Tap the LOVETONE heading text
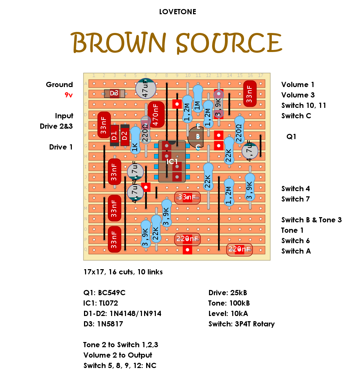pyautogui.click(x=177, y=12)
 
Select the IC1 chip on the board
pyautogui.click(x=172, y=162)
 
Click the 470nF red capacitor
pyautogui.click(x=156, y=114)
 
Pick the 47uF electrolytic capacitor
pyautogui.click(x=145, y=89)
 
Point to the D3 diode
pyautogui.click(x=114, y=93)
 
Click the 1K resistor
pyautogui.click(x=135, y=140)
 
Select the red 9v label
pyautogui.click(x=68, y=95)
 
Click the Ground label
pyautogui.click(x=59, y=85)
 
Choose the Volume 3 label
pyautogui.click(x=298, y=95)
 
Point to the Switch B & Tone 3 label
pyautogui.click(x=311, y=220)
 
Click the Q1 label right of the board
pyautogui.click(x=291, y=137)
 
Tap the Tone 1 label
pyautogui.click(x=292, y=230)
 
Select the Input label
pyautogui.click(x=64, y=116)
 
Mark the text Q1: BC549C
pyautogui.click(x=104, y=293)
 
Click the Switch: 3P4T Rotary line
pyautogui.click(x=241, y=324)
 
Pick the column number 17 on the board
pyautogui.click(x=260, y=76)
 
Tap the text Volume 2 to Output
pyautogui.click(x=118, y=355)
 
